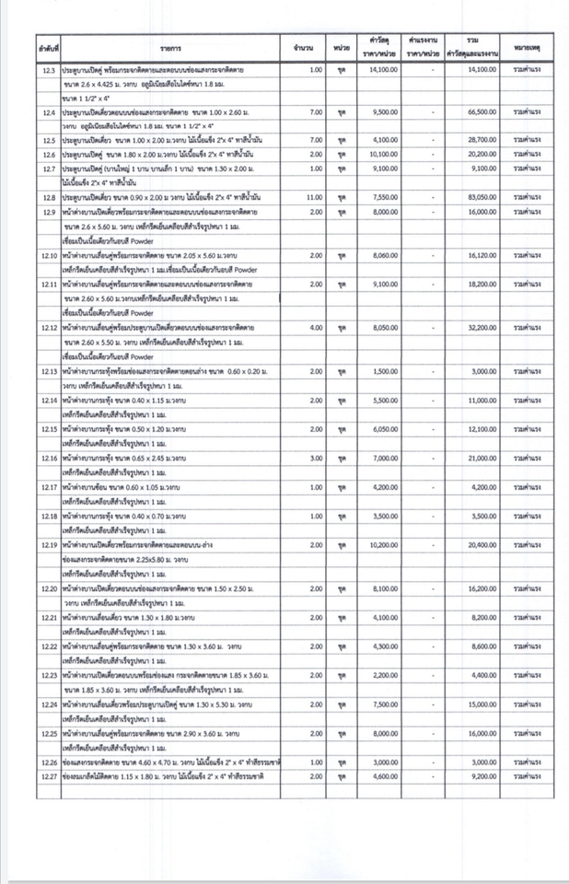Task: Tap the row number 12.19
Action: pyautogui.click(x=50, y=545)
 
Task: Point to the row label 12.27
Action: pyautogui.click(x=50, y=777)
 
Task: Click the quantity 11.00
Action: pyautogui.click(x=314, y=198)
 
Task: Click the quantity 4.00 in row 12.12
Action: pyautogui.click(x=316, y=328)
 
